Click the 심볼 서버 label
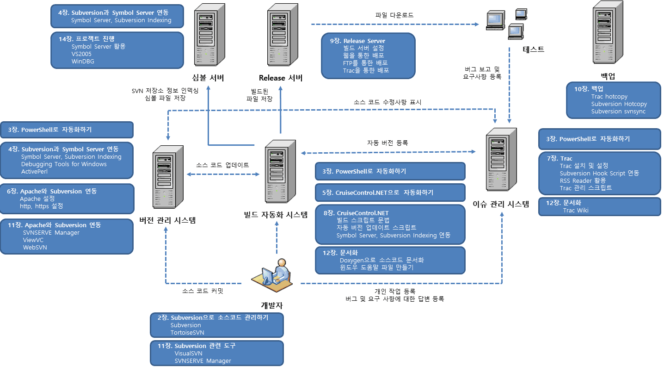(x=208, y=77)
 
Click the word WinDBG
(x=83, y=61)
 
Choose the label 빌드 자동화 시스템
(x=276, y=214)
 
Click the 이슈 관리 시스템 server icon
(x=502, y=162)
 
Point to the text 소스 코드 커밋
(x=203, y=291)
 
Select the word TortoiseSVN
(x=187, y=332)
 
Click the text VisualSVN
(x=188, y=353)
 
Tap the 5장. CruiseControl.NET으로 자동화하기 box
(x=390, y=192)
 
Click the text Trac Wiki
(x=576, y=210)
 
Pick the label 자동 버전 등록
(x=387, y=143)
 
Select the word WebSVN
(x=35, y=247)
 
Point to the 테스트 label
(x=533, y=49)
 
